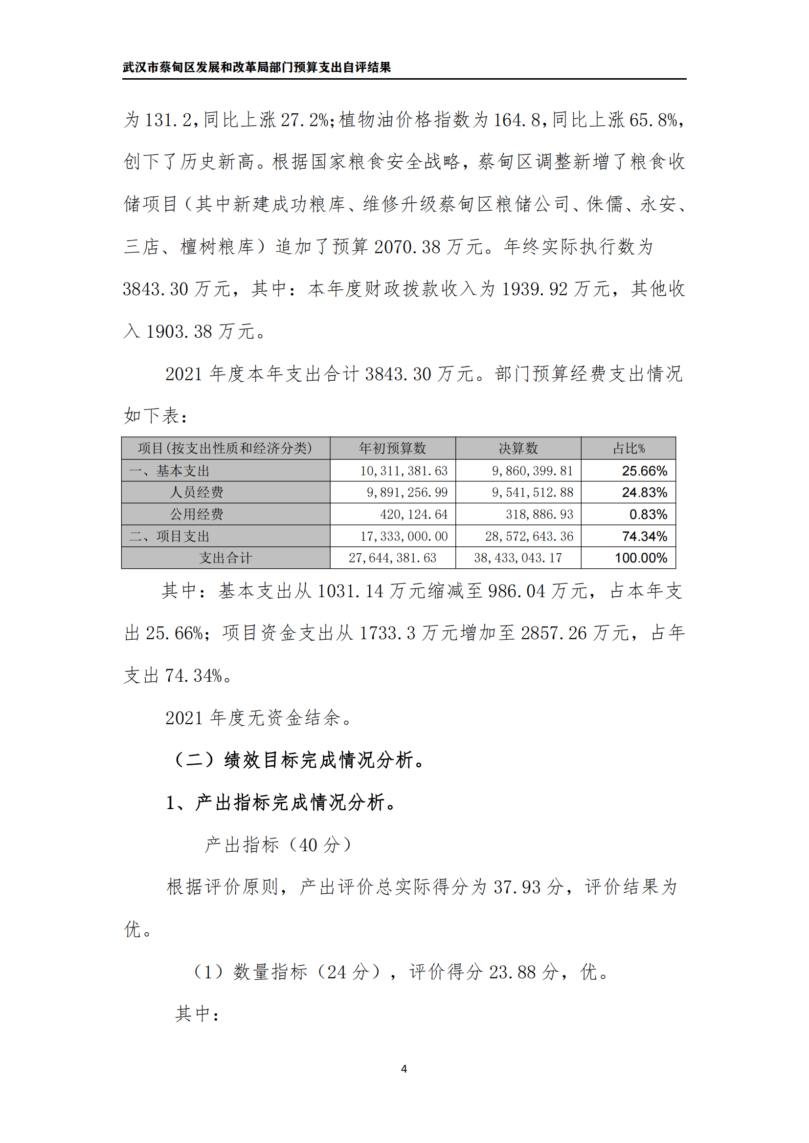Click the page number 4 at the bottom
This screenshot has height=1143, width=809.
pos(404,1068)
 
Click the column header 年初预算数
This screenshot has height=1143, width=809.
pos(392,448)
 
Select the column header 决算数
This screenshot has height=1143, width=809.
pos(518,448)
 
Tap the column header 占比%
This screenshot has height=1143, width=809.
pos(628,448)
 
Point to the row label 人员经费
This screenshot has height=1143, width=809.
pos(196,493)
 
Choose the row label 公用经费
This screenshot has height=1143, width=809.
pos(196,514)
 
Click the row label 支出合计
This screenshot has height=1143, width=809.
pos(225,558)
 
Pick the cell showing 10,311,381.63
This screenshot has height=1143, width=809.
pos(404,471)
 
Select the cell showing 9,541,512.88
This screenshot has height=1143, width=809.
pos(532,493)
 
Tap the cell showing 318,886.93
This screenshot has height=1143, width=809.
pos(539,514)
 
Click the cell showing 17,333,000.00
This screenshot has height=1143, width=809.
pos(404,536)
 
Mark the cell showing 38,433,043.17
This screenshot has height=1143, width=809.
pos(517,558)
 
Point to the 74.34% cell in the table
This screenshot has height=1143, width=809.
pos(644,536)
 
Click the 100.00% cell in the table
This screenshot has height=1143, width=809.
pos(641,558)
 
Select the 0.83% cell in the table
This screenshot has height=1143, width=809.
pos(648,514)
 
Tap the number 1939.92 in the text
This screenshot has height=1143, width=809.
pos(535,289)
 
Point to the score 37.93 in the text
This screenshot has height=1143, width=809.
pos(517,887)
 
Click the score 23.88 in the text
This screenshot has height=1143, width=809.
pos(512,972)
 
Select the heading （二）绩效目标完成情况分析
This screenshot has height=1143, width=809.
pos(298,760)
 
